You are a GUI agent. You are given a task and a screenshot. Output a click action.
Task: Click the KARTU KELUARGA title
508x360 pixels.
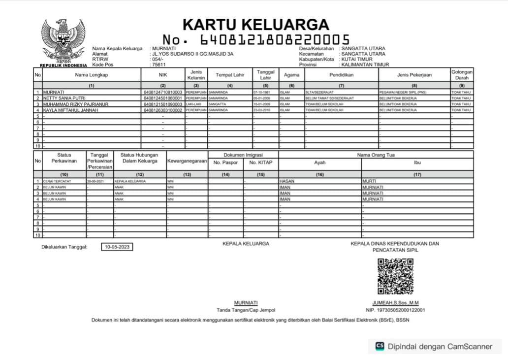tap(255, 24)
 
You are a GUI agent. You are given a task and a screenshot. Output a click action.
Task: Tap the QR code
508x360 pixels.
tap(392, 276)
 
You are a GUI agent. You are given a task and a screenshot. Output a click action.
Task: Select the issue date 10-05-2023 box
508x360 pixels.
tap(117, 247)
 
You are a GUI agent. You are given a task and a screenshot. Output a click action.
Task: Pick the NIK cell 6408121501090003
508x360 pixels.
tap(163, 104)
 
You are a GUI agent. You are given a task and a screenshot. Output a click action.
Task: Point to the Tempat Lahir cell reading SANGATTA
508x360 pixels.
tap(217, 104)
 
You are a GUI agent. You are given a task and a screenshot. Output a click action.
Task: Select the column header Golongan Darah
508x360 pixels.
tap(462, 75)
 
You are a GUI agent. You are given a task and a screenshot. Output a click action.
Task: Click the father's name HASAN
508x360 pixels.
tap(287, 181)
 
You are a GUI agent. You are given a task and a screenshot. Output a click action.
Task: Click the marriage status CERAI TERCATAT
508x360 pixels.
tap(57, 181)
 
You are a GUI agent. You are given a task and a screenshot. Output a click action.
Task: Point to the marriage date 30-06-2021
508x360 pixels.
tap(95, 181)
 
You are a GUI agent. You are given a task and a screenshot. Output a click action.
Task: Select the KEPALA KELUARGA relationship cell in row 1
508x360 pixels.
tap(130, 181)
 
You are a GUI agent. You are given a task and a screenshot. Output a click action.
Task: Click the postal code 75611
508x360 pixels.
tap(159, 65)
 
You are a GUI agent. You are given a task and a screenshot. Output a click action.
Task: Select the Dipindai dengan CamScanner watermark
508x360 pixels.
tap(434, 346)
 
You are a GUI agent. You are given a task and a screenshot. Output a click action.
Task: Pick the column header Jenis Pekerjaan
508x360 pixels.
tap(413, 75)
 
